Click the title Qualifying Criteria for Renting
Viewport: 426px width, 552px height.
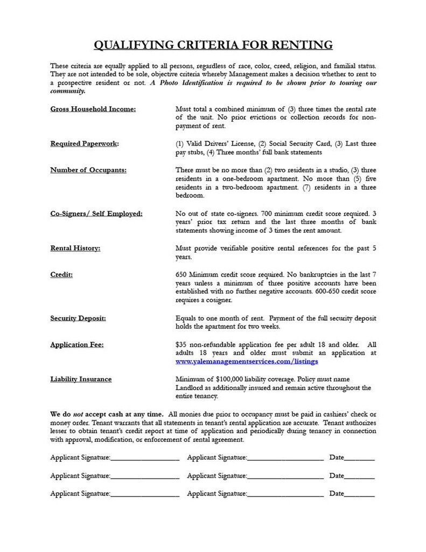[213, 44]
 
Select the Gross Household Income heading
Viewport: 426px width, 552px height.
[93, 109]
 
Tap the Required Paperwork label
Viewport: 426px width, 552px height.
[85, 144]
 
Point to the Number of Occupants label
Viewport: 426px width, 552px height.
[88, 170]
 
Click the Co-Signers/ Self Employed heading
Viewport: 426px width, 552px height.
[96, 214]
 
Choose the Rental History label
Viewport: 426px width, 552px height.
[75, 249]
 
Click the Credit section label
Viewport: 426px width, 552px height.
[61, 275]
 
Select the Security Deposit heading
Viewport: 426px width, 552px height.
[78, 318]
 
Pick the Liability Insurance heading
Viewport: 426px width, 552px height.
[81, 379]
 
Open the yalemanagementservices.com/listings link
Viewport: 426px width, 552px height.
[246, 361]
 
